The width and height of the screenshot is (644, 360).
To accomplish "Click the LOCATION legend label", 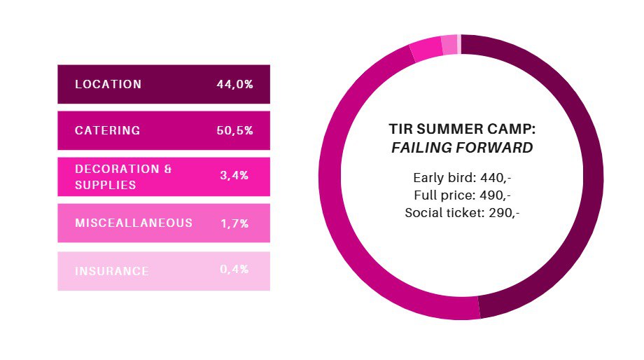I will click(108, 84).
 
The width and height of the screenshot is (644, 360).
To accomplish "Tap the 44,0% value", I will click(234, 84).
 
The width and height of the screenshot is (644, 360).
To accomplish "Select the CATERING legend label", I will click(107, 130).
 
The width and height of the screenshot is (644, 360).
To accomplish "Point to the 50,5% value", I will click(234, 130).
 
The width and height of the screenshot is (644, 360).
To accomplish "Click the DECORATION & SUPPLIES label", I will click(123, 177).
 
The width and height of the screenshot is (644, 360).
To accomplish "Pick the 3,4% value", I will click(234, 176).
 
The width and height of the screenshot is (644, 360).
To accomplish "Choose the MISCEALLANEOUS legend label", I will click(133, 223).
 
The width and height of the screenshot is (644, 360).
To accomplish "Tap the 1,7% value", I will click(234, 223).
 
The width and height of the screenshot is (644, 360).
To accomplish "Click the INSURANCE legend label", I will click(111, 270).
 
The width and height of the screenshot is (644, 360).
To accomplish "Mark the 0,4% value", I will click(234, 269).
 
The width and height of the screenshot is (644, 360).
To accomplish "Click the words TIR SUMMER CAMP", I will click(461, 130).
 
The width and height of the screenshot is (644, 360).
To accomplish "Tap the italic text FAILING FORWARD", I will click(461, 148).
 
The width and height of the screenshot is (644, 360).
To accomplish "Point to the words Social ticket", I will click(436, 212).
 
